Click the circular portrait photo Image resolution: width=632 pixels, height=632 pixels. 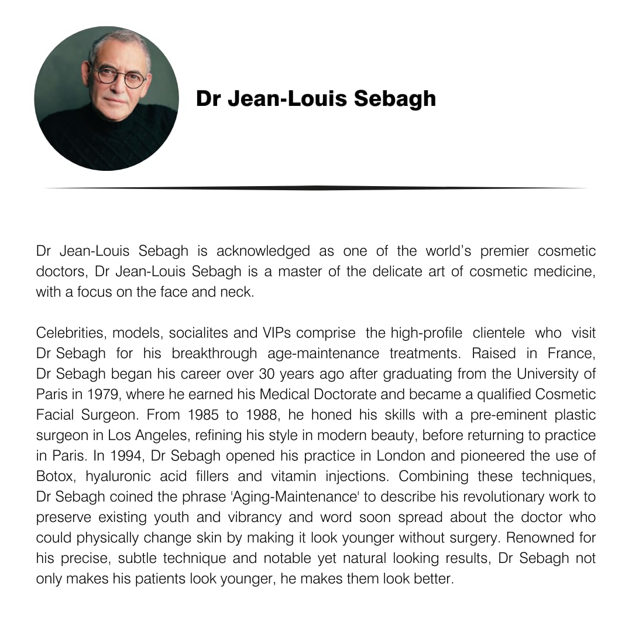(x=107, y=98)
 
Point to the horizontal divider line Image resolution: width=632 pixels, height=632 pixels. (x=316, y=188)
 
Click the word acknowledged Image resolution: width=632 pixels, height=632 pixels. (x=263, y=252)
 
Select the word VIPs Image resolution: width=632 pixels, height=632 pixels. (x=274, y=333)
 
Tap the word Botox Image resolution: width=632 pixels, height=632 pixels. (x=54, y=476)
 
